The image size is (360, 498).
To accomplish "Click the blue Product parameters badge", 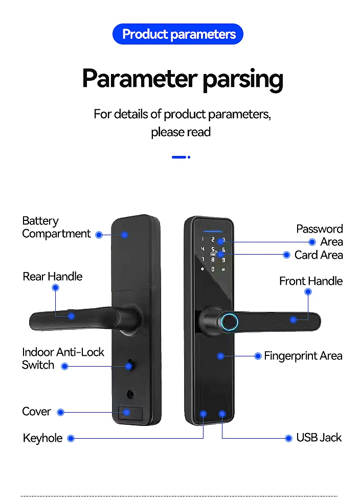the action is click(x=178, y=34).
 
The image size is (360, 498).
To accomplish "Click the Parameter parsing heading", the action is click(x=183, y=78).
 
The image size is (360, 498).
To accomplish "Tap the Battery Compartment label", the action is click(x=56, y=227).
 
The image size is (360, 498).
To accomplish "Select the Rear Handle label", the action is click(x=53, y=276).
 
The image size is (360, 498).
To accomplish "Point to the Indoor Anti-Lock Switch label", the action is click(x=63, y=358).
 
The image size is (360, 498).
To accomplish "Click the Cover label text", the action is click(x=36, y=412).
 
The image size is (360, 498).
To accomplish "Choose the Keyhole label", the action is click(x=42, y=438).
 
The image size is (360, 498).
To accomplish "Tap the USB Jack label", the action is click(x=319, y=438).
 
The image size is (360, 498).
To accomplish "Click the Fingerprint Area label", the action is click(x=303, y=356).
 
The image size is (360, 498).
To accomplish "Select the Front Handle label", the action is click(x=311, y=281).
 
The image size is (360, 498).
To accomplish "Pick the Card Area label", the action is click(x=319, y=255).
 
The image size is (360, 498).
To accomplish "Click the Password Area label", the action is click(x=319, y=235).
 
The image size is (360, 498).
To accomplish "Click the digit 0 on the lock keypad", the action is click(x=213, y=269).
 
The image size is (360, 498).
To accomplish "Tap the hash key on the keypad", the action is click(x=223, y=269).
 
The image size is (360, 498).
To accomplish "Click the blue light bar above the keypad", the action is click(x=213, y=232).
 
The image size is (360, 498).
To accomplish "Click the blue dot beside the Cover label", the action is click(x=60, y=412).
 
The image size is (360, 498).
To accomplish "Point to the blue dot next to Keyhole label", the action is click(x=71, y=439).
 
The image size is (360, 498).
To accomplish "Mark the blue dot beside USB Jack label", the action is click(x=288, y=439).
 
